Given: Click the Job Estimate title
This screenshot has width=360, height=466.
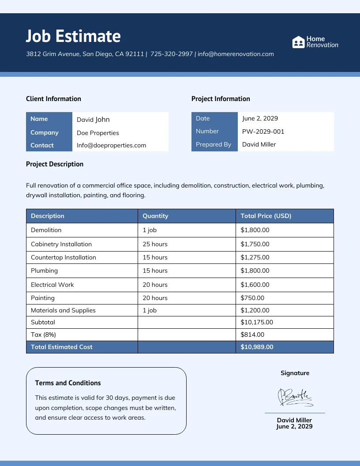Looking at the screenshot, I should pyautogui.click(x=73, y=36).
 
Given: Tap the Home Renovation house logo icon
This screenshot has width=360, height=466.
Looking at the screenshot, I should pyautogui.click(x=299, y=42).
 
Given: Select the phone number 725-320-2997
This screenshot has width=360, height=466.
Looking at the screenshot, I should pyautogui.click(x=172, y=54).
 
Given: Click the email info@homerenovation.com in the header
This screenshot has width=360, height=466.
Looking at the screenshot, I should pyautogui.click(x=236, y=54).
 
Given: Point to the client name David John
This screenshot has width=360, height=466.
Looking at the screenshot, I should pyautogui.click(x=93, y=120).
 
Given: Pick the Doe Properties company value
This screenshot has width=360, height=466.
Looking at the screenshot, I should pyautogui.click(x=98, y=133).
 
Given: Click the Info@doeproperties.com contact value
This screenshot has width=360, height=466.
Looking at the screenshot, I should pyautogui.click(x=111, y=145).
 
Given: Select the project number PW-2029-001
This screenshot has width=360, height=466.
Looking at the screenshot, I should pyautogui.click(x=263, y=132).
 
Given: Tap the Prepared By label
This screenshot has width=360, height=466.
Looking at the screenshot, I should pyautogui.click(x=214, y=144).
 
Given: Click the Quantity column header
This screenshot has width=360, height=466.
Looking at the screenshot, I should pyautogui.click(x=155, y=216).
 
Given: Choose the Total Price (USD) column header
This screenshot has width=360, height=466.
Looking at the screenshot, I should pyautogui.click(x=266, y=216).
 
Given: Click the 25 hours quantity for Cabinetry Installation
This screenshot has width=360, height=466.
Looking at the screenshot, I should pyautogui.click(x=155, y=244).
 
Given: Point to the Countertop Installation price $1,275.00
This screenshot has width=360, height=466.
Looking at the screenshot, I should pyautogui.click(x=255, y=257).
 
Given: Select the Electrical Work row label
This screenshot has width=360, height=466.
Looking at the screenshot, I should pyautogui.click(x=52, y=285).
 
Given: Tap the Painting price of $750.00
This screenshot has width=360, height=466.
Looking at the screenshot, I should pyautogui.click(x=252, y=298).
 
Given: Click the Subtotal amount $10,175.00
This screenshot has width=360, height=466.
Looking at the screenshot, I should pyautogui.click(x=257, y=322).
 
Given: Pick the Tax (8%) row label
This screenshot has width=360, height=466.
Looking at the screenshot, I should pyautogui.click(x=43, y=334).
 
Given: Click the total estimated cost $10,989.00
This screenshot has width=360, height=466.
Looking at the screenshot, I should pyautogui.click(x=257, y=347).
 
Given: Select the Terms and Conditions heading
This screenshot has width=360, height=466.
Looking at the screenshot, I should pyautogui.click(x=68, y=383).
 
